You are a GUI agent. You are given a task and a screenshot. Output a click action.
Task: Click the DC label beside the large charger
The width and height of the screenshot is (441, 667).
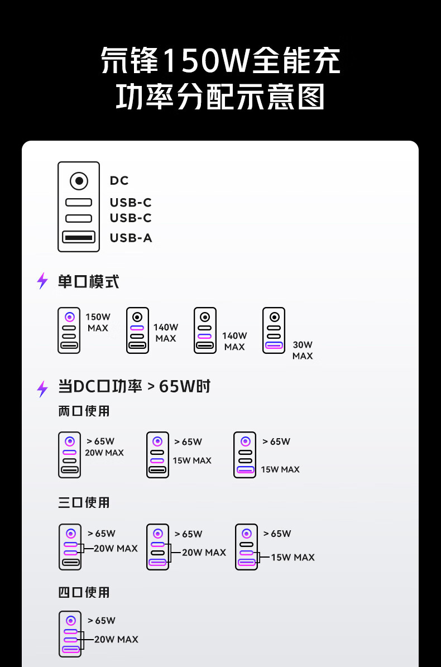[x=119, y=180]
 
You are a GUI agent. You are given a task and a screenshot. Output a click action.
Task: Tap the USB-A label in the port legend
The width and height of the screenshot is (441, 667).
[x=131, y=238]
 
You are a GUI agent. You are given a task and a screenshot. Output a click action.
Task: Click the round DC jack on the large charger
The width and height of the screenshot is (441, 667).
[x=79, y=181]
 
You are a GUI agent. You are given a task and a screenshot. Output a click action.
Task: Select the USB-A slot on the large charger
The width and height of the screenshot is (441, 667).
[x=79, y=237]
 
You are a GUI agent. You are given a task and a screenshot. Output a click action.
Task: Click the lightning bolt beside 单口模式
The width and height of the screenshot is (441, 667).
[x=42, y=281]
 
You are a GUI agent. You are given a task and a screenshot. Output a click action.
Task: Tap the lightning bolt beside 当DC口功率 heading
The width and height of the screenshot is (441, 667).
[x=42, y=388]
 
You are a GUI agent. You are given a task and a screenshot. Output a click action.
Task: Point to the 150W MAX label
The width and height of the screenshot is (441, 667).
[x=98, y=323]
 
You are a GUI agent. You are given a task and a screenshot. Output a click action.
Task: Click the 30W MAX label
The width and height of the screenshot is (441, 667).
[x=303, y=350]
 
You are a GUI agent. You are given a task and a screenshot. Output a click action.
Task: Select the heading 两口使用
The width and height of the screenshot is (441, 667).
[x=84, y=411]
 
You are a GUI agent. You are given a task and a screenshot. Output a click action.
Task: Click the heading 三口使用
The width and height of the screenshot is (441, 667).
[x=84, y=502]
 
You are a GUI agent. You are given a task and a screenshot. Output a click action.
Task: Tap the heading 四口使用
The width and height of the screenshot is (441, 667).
[x=84, y=592]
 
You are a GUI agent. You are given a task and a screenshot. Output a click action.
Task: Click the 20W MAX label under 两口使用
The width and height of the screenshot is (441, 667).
[x=104, y=453]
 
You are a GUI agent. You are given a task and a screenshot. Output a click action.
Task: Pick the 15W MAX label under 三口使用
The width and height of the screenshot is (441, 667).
[x=293, y=557]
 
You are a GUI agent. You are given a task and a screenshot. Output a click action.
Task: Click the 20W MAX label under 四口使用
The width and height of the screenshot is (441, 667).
[x=116, y=639]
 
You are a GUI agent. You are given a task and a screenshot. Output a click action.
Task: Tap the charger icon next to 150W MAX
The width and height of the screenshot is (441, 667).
[x=69, y=330]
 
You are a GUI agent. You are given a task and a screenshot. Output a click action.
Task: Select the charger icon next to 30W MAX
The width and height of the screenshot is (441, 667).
[x=274, y=330]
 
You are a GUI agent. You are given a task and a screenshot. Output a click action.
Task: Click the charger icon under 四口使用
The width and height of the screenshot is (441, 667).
[x=70, y=634]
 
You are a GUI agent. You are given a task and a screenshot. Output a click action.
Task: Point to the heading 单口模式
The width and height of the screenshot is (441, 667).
[x=88, y=281]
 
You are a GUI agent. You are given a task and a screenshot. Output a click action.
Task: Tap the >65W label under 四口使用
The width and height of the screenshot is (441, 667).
[x=101, y=621]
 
